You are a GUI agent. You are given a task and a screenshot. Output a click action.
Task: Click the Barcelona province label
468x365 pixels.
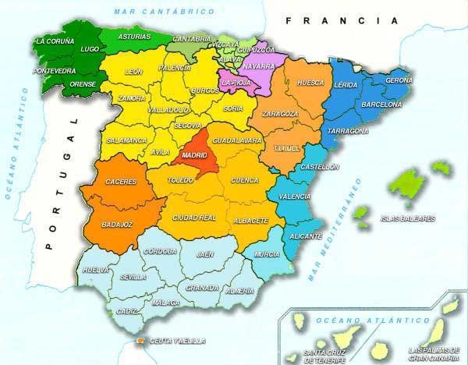[x=381, y=104]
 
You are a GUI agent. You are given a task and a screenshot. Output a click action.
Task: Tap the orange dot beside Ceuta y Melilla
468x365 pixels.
[x=140, y=341]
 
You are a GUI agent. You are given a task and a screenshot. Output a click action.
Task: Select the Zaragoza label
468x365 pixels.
[x=280, y=114]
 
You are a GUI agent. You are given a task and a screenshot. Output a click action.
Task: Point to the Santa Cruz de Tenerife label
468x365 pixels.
[x=324, y=356]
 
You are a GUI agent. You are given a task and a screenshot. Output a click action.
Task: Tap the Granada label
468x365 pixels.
[x=203, y=287]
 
